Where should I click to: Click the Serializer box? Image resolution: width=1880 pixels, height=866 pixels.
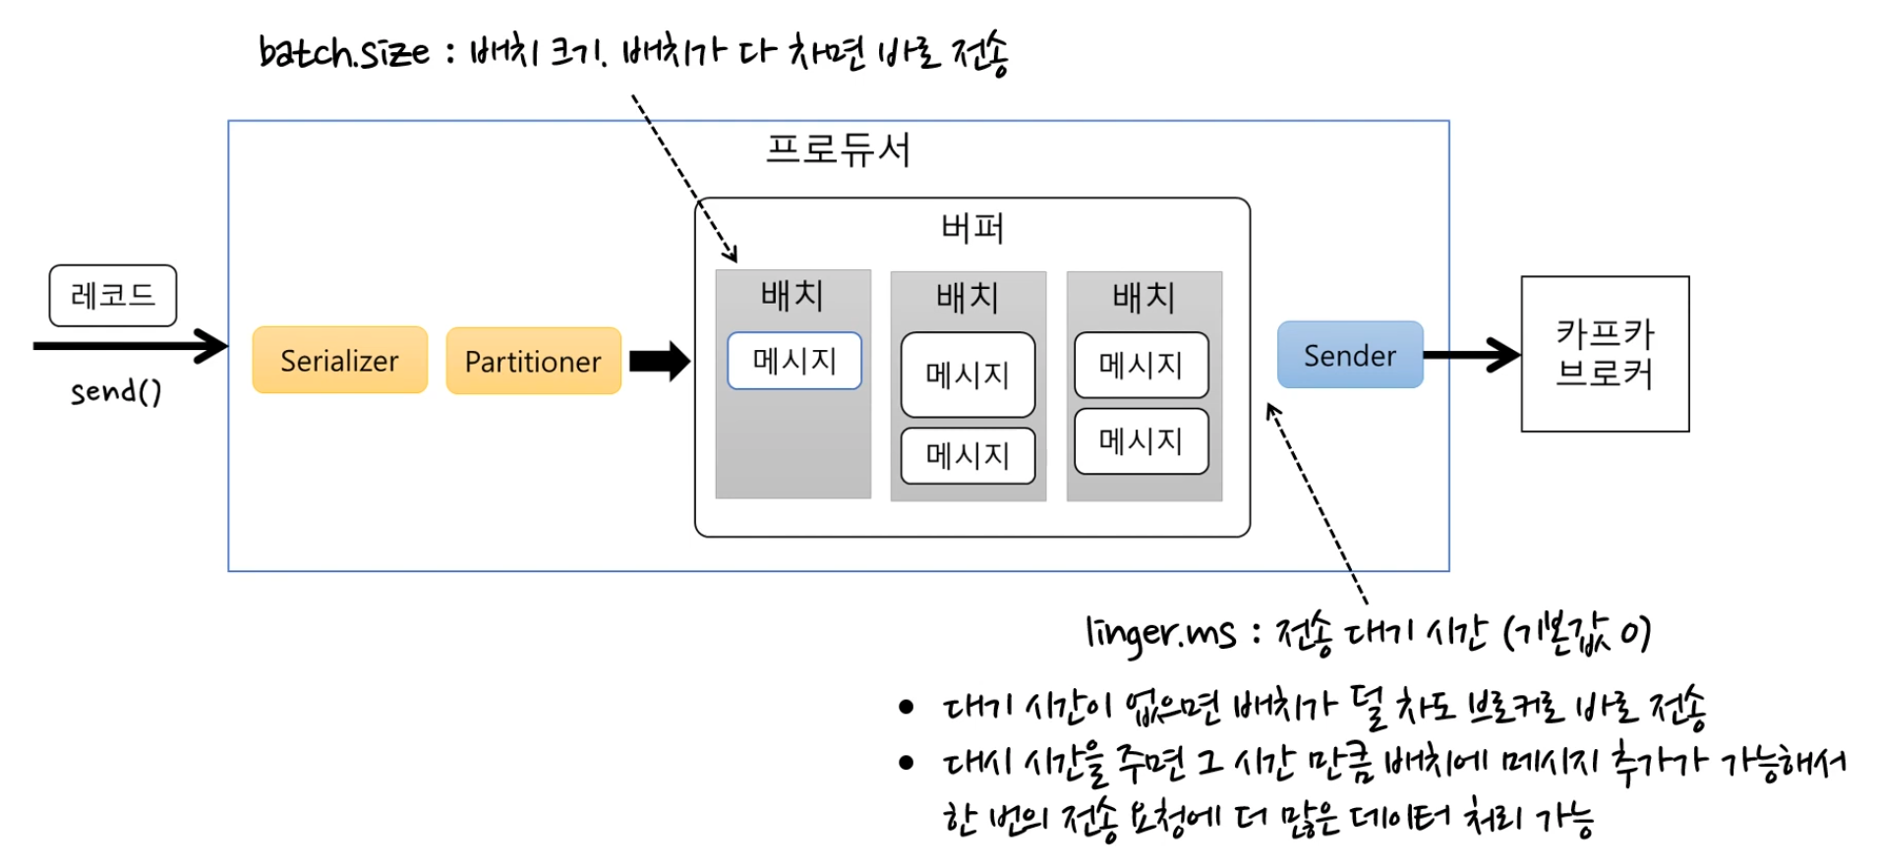(339, 361)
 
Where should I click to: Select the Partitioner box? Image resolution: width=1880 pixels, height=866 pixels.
(533, 362)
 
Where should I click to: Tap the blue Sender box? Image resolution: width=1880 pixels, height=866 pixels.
(1349, 355)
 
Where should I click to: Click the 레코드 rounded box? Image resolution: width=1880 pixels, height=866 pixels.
(113, 295)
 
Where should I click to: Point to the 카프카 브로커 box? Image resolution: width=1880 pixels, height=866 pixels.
(1605, 354)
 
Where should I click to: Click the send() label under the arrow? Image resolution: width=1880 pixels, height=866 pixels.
(115, 392)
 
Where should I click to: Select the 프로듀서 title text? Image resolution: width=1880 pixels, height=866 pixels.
(838, 150)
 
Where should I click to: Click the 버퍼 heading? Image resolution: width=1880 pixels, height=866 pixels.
(971, 228)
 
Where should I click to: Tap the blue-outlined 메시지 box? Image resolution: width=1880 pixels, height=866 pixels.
(793, 361)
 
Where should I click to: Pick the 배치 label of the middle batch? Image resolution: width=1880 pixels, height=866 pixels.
(968, 297)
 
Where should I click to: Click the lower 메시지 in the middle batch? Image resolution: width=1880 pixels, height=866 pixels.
(968, 455)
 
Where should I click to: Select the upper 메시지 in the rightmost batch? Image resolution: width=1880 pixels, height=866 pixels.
(1141, 365)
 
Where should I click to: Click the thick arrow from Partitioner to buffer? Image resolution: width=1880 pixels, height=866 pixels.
(659, 361)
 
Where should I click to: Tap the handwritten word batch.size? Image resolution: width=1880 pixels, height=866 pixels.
(343, 52)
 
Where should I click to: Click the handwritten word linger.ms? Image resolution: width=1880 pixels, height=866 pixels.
(1160, 634)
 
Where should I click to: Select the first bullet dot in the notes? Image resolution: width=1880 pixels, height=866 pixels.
(906, 706)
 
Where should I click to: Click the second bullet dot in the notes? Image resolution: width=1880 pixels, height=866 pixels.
(906, 762)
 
